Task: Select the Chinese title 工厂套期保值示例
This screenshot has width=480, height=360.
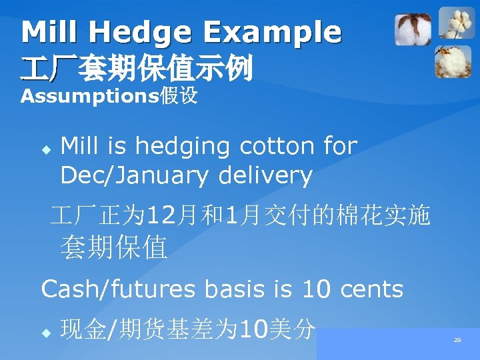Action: point(137,68)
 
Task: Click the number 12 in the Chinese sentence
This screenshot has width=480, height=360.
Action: point(161,215)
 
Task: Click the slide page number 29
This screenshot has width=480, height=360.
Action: point(457,340)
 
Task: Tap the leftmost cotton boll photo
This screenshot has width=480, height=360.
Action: point(413,31)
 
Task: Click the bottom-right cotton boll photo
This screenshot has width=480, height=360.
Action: point(454,61)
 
